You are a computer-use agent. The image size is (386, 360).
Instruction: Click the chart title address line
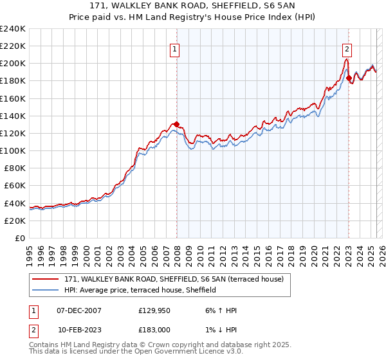pos(193,6)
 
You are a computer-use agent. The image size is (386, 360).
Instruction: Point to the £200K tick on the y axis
pos(13,64)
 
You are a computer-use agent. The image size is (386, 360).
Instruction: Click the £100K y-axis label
pos(13,150)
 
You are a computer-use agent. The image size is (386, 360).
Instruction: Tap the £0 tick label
pos(19,238)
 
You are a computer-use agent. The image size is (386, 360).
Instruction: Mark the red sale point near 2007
pos(176,125)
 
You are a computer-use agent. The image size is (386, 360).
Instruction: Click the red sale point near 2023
pos(349,78)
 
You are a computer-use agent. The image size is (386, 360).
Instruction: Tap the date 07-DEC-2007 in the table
pos(79,310)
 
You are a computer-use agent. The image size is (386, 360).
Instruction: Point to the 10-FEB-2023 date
pos(79,330)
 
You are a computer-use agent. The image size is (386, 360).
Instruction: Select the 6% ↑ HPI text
pos(219,310)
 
